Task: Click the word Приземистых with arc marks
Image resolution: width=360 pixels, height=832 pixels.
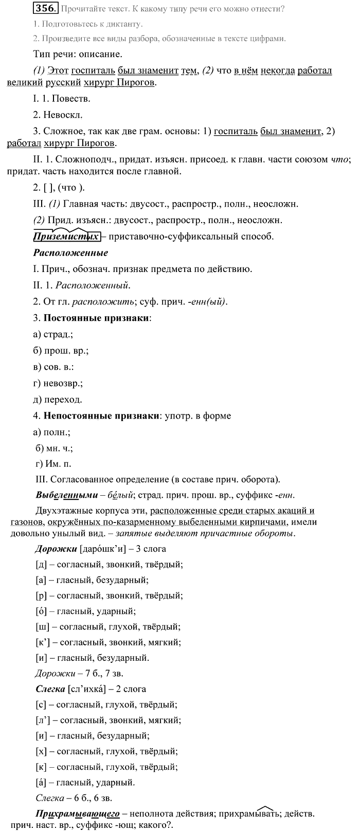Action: coord(65,237)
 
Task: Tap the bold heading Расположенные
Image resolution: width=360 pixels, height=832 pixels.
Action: coord(70,252)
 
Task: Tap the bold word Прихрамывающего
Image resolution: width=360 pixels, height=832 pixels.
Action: coord(77,814)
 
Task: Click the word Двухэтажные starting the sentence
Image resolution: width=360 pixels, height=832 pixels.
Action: coord(61,511)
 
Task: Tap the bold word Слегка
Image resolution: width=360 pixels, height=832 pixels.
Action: coord(49,689)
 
